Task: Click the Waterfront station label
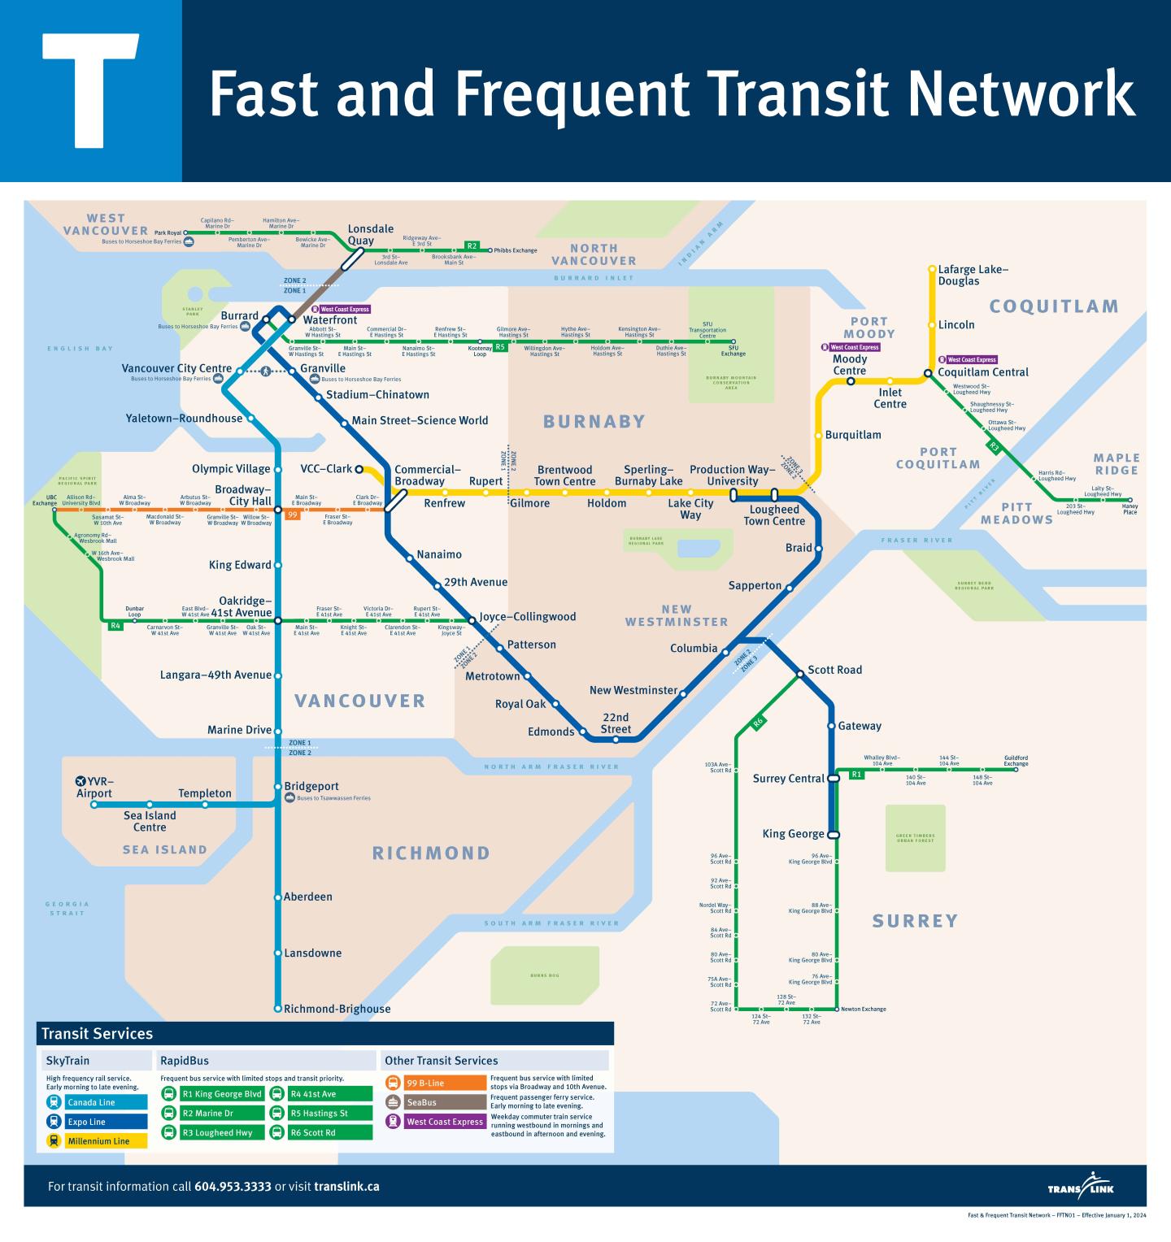(x=329, y=320)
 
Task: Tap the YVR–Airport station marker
(x=94, y=805)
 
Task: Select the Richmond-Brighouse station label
(x=337, y=1009)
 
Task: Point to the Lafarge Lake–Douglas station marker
(x=932, y=268)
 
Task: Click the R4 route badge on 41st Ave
(x=115, y=625)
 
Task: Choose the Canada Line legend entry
(x=96, y=1103)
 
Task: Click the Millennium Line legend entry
(x=96, y=1141)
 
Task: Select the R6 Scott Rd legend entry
(x=320, y=1132)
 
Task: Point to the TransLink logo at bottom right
(x=1081, y=1188)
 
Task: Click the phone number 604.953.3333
(x=233, y=1187)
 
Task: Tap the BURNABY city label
(x=594, y=421)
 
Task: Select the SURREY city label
(x=915, y=921)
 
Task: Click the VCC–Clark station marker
(x=359, y=469)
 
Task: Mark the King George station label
(x=793, y=834)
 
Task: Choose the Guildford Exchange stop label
(x=1016, y=761)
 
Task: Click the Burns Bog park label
(x=544, y=975)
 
